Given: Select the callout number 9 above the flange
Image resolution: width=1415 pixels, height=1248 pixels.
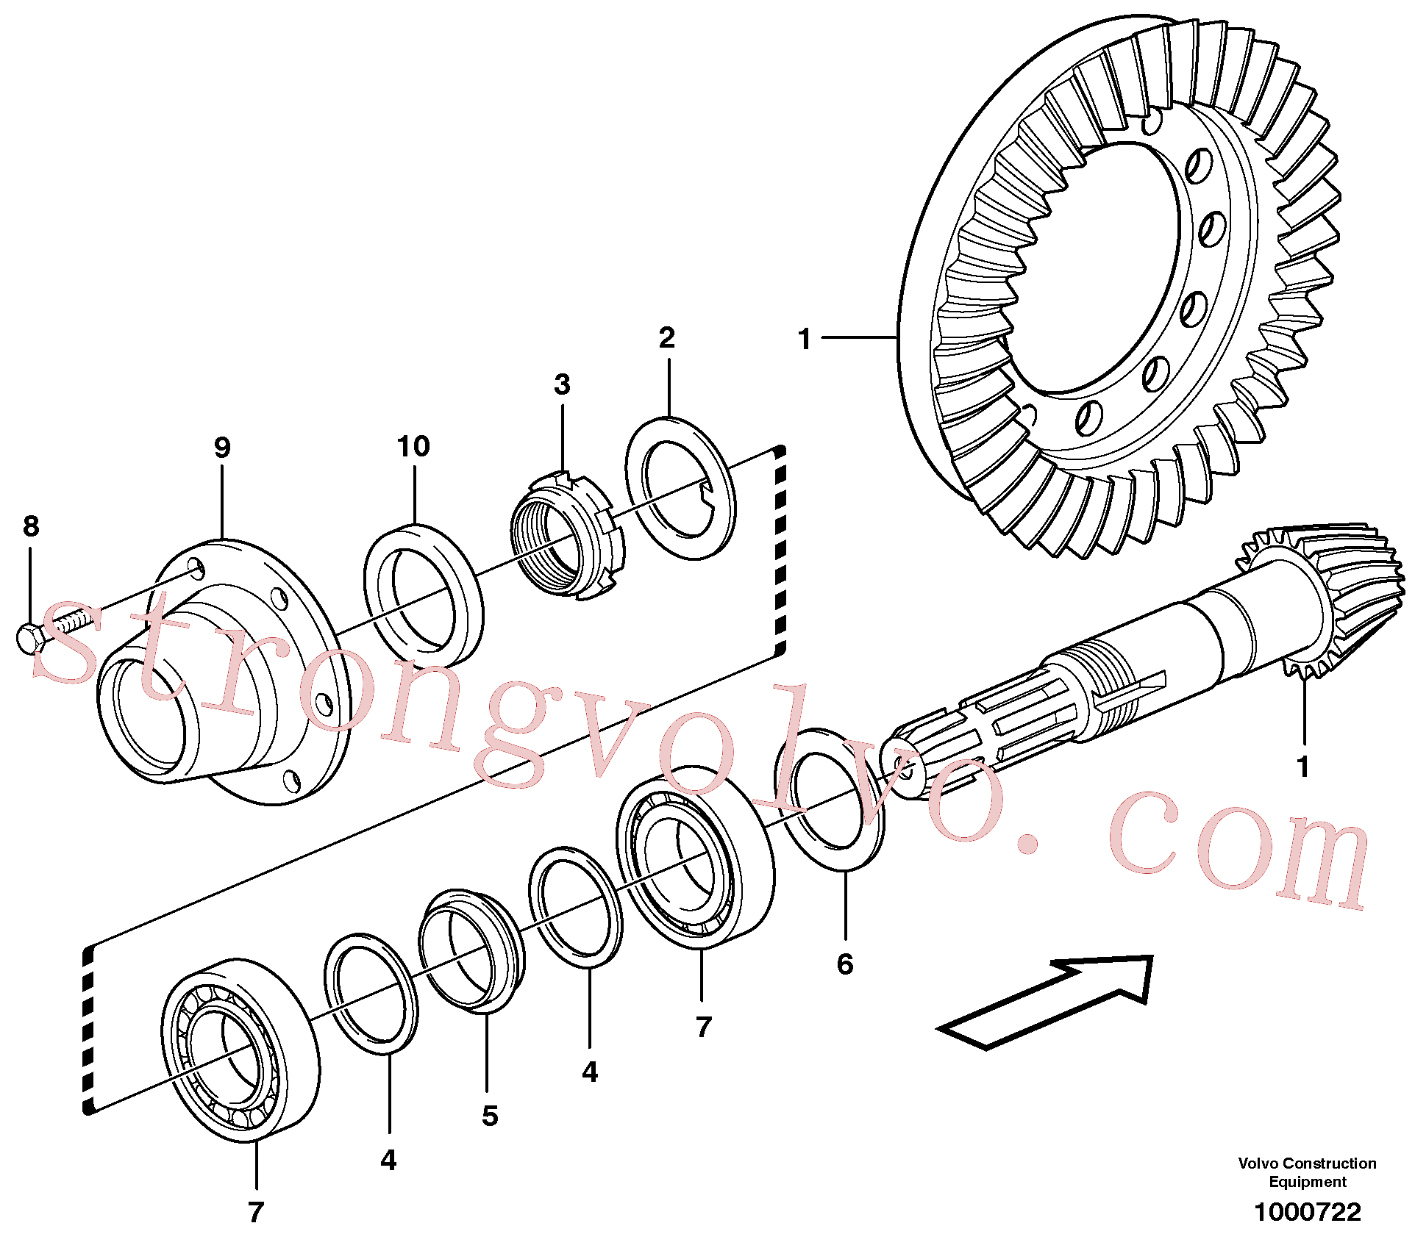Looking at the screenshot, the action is click(x=222, y=447).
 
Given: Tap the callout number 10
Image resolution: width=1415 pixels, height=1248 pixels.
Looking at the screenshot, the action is click(x=413, y=445).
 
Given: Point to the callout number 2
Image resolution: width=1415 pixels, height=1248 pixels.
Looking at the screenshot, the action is click(x=667, y=337).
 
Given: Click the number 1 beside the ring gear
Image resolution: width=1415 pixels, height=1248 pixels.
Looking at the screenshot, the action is click(x=805, y=339).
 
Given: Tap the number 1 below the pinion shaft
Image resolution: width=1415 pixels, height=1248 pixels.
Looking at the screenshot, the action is click(x=1303, y=767).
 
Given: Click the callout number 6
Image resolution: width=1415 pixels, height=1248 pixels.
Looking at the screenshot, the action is click(x=845, y=964).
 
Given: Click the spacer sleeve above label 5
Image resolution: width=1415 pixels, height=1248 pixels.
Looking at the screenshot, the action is click(x=472, y=950).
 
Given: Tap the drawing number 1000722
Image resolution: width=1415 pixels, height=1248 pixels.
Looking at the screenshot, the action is click(x=1308, y=1212).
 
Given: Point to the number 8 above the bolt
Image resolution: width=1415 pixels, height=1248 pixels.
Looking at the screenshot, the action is click(x=31, y=526).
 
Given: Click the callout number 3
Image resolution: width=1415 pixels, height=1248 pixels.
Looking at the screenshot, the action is click(x=563, y=384).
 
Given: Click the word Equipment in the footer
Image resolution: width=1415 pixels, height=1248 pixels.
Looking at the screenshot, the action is click(x=1308, y=1182).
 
